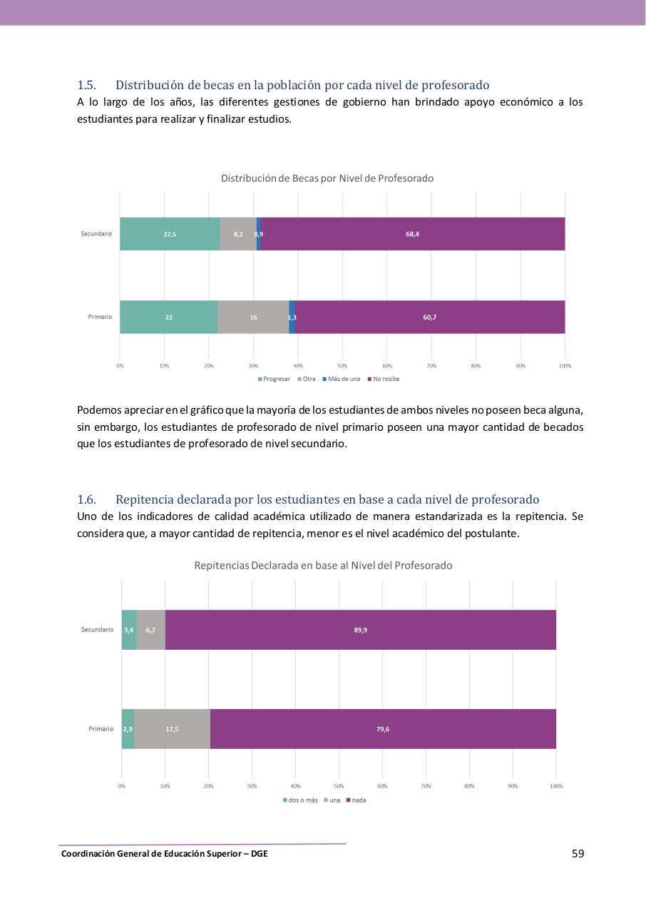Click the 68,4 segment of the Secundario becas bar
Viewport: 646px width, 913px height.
412,234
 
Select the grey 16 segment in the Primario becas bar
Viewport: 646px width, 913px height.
253,317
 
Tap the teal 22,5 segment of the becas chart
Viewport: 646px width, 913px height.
170,234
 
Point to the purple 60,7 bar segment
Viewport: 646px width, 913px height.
429,317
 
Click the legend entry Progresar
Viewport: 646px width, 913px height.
274,379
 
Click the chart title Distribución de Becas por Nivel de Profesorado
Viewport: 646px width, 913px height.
327,178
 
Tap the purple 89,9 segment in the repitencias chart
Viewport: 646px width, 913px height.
360,630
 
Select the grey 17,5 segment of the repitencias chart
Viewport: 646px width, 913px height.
172,729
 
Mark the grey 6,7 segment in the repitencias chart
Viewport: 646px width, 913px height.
150,630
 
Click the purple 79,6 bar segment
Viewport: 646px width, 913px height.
383,729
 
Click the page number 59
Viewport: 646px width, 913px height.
578,853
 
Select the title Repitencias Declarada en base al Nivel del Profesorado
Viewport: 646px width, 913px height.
323,565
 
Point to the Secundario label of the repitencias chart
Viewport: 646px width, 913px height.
97,630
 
